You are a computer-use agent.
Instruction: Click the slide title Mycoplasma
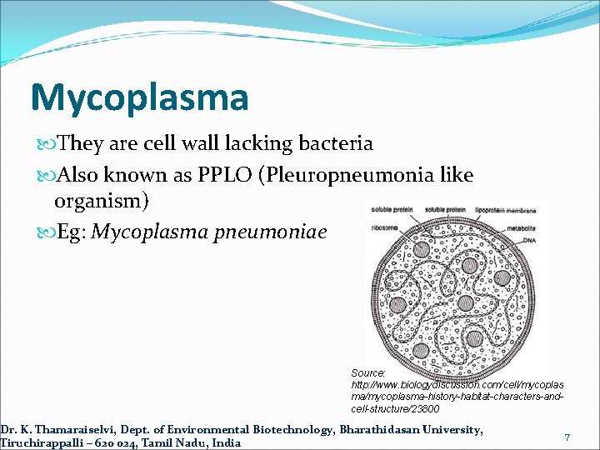pyautogui.click(x=139, y=97)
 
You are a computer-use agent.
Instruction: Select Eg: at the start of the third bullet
pyautogui.click(x=72, y=231)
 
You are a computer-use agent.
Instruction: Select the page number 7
pyautogui.click(x=567, y=437)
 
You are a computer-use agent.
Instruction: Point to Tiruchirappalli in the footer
pyautogui.click(x=42, y=442)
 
